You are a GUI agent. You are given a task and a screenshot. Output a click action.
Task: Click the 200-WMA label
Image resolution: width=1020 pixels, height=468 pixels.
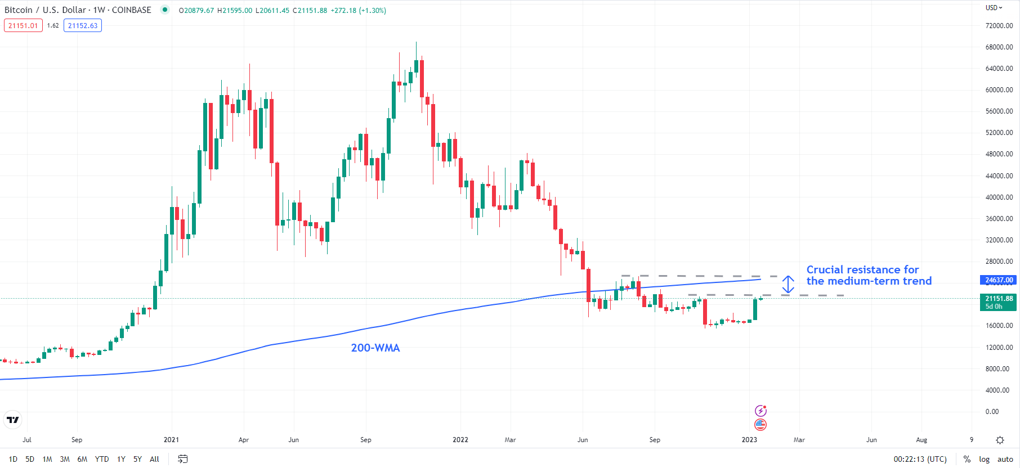point(375,348)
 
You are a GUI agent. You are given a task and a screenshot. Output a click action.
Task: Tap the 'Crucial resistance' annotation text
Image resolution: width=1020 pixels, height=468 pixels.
point(869,275)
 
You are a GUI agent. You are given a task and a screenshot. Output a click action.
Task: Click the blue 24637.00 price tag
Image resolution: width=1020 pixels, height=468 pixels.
point(999,280)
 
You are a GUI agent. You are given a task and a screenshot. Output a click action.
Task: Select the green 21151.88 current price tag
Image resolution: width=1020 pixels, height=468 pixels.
point(999,302)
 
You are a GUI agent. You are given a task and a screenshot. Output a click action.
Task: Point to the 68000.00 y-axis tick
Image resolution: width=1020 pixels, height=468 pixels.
point(999,47)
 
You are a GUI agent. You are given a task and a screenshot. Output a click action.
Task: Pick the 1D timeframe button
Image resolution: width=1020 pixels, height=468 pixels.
point(13,459)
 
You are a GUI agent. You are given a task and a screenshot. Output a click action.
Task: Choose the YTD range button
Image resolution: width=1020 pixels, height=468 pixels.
point(102,459)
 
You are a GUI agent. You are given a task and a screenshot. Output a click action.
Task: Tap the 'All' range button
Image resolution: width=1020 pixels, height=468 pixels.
point(154,459)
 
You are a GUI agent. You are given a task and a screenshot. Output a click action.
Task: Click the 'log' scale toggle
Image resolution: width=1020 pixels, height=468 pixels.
point(984,459)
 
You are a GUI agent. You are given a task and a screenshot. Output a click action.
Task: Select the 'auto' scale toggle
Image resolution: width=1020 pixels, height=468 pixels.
point(1005,459)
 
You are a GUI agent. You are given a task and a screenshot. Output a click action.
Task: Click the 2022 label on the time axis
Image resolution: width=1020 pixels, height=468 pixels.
point(460,440)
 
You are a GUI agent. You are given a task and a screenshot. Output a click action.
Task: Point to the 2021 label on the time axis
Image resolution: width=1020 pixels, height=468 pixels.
point(171,440)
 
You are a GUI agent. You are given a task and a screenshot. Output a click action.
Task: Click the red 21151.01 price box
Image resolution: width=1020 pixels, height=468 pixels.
point(23,25)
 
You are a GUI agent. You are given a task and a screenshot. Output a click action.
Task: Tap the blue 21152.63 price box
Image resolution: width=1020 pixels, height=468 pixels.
point(83,25)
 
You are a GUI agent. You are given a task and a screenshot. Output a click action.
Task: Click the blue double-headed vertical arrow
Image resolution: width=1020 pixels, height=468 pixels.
point(788,285)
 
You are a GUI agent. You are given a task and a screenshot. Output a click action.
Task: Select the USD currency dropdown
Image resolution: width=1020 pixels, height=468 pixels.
point(994,8)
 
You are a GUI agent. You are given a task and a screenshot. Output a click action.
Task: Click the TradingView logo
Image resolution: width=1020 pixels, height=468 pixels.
point(12,420)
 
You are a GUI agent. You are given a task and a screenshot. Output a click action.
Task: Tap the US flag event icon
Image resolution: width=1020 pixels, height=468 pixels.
point(760,424)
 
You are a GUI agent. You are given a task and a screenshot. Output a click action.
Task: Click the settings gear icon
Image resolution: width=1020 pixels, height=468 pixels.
point(1000,440)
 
